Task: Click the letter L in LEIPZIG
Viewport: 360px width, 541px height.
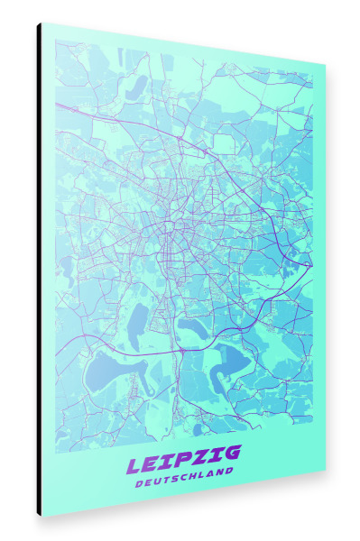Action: pos(135,466)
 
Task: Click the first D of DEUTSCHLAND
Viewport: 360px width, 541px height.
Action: pos(137,485)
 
